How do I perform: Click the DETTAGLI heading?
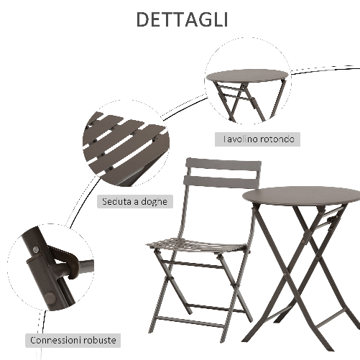click(x=180, y=19)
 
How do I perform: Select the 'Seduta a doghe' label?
click(x=135, y=202)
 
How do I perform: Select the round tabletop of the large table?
click(x=302, y=195)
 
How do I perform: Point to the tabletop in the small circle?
click(x=246, y=75)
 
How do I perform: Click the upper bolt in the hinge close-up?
click(x=34, y=249)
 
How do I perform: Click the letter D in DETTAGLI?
click(x=142, y=19)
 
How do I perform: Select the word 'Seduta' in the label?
click(x=116, y=202)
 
